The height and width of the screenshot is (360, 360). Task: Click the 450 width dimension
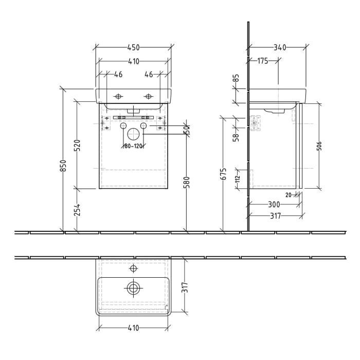coord(133,48)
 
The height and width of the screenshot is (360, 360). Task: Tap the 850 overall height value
coord(63,165)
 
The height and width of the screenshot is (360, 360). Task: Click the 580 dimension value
coord(186,184)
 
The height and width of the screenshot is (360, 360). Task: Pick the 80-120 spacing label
coord(133,146)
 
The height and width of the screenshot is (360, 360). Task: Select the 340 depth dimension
coord(280,48)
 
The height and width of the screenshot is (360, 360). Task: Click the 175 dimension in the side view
coord(262,61)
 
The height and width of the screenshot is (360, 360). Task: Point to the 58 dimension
coord(236,137)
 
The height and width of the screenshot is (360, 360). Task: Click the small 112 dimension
coord(238,178)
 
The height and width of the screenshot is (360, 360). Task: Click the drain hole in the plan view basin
coord(133,288)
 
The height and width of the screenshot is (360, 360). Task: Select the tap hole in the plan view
coord(133,268)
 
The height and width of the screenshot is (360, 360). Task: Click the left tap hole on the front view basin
coord(118,96)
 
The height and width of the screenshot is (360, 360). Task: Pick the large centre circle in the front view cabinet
coord(133,134)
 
